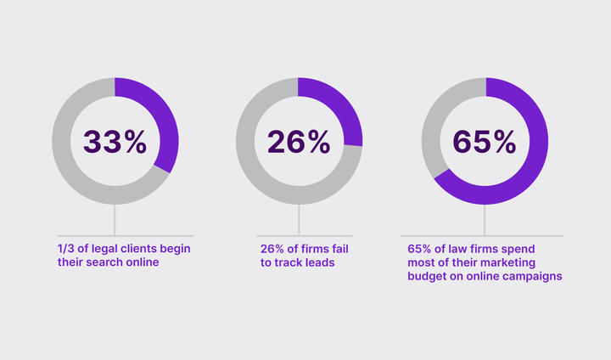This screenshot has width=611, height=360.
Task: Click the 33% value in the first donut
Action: [115, 142]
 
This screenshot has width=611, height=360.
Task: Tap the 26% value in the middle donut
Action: [299, 142]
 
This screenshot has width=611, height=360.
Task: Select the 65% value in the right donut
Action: [485, 142]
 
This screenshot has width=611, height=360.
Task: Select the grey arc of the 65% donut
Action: [437, 127]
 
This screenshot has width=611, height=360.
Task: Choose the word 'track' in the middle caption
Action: [288, 262]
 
